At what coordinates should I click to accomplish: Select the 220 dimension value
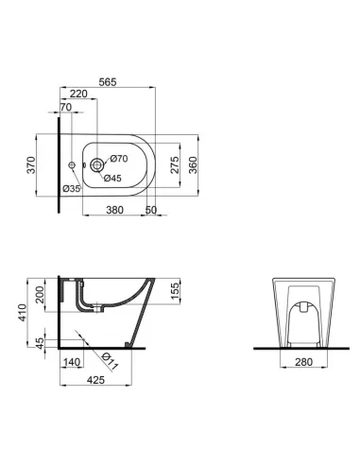coord(78,95)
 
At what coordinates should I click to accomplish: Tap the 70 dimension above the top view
coord(66,108)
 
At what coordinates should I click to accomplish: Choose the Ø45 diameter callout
coord(111,178)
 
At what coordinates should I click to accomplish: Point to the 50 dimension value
coord(150,211)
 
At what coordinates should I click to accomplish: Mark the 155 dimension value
coord(177,289)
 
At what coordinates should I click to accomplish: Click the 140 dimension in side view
coord(71,362)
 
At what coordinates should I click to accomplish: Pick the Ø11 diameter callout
coord(108,360)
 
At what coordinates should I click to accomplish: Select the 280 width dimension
coord(301,362)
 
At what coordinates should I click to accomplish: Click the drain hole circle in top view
coord(97,164)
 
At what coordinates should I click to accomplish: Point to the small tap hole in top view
coord(73,164)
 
